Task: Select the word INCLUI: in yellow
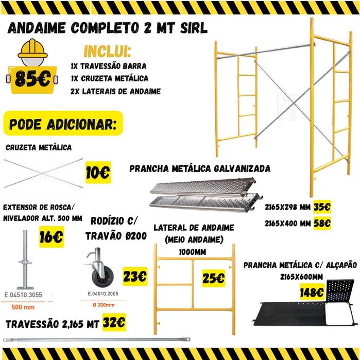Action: point(107,52)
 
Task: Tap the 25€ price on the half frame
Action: point(213,278)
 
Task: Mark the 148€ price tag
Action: point(312,293)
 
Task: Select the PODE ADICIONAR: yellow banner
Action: point(63,125)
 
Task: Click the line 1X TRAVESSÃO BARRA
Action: point(109,66)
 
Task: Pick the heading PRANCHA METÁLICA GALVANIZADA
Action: point(200,168)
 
